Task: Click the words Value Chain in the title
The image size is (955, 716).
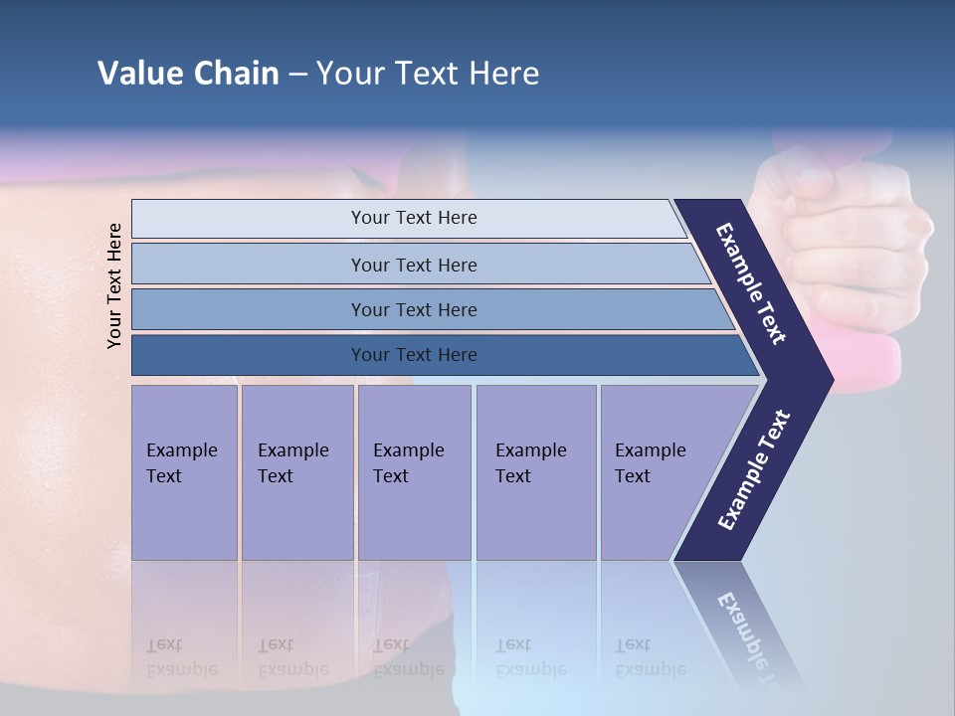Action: pyautogui.click(x=188, y=73)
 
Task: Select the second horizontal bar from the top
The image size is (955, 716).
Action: pyautogui.click(x=414, y=265)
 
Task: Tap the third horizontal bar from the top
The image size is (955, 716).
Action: pyautogui.click(x=414, y=309)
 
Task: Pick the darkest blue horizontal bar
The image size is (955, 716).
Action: pyautogui.click(x=414, y=355)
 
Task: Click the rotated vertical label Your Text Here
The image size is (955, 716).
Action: pyautogui.click(x=114, y=286)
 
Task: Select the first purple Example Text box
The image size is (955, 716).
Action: pyautogui.click(x=184, y=472)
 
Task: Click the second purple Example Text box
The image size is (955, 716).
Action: pyautogui.click(x=296, y=472)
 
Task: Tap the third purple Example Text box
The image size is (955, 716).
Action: pyautogui.click(x=414, y=472)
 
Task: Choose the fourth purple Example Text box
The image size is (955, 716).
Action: pyautogui.click(x=535, y=472)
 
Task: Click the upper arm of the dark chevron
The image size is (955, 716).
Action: pyautogui.click(x=751, y=283)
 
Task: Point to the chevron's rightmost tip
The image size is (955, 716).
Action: pyautogui.click(x=830, y=379)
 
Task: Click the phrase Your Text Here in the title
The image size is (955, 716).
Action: pyautogui.click(x=428, y=73)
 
